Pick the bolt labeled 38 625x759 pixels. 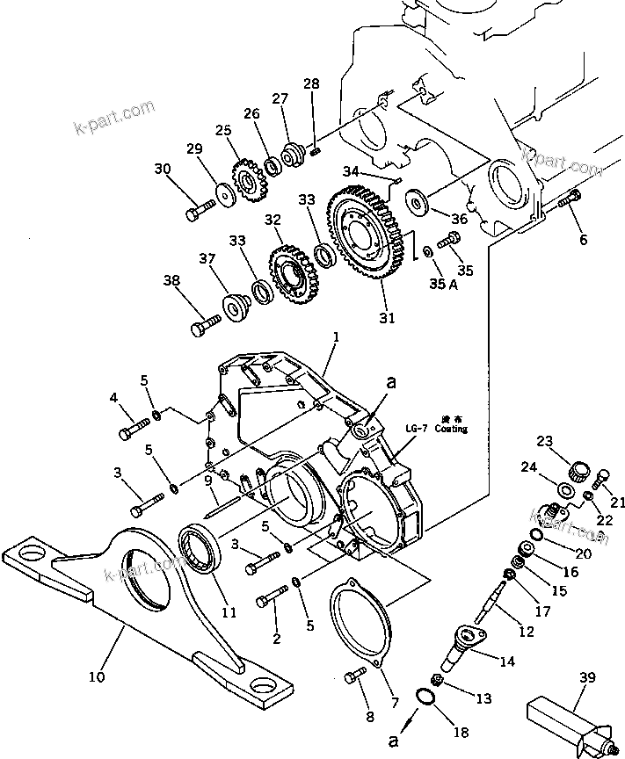pos(206,327)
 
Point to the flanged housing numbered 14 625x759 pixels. pos(471,640)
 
